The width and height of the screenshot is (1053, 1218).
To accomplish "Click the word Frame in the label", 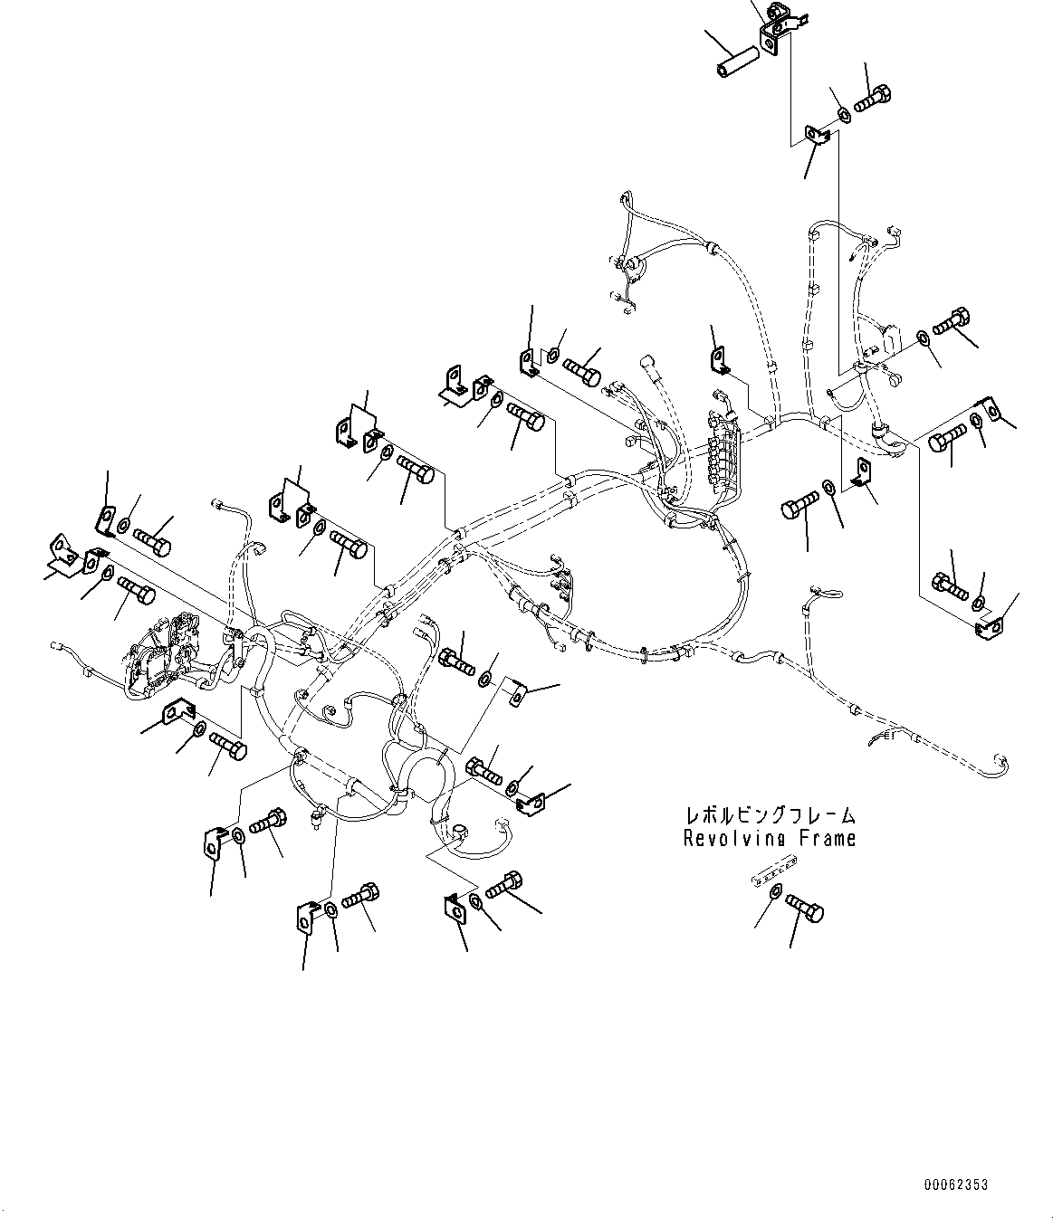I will [826, 839].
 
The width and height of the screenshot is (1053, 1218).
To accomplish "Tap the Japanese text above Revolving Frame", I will [771, 816].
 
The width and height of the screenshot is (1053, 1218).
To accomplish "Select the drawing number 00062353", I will [956, 1185].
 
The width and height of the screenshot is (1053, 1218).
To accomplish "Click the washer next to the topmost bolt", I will [843, 113].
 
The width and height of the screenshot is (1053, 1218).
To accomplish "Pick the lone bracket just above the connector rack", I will [719, 359].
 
